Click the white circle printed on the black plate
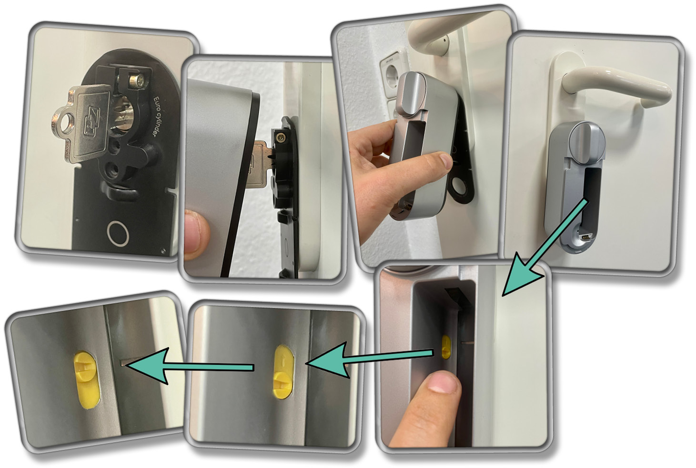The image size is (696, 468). point(118,233)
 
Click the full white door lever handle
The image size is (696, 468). point(615,86)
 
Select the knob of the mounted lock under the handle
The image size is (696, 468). point(587,140)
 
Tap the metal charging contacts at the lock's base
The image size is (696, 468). point(585,236)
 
